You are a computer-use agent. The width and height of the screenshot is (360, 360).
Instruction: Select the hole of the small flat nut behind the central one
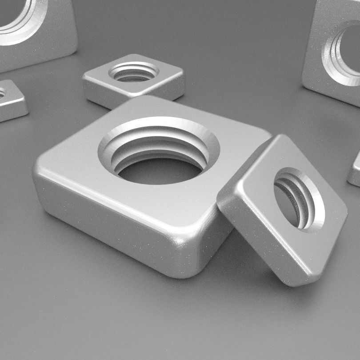click(133, 73)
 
